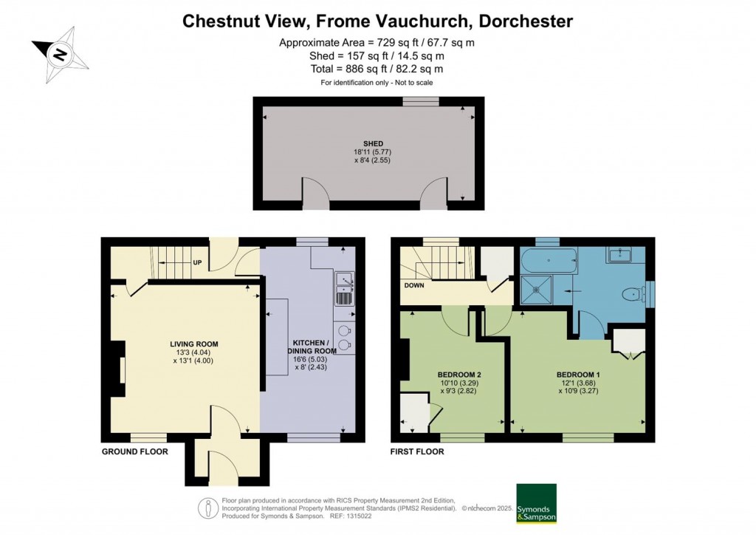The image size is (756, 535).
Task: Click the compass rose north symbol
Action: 60,55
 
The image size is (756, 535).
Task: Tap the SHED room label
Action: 373,143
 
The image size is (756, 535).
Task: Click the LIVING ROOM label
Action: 194,344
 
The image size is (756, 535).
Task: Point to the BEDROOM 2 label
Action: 459,375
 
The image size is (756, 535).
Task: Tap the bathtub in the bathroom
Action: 549,261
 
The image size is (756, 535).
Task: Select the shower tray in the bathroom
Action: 536,290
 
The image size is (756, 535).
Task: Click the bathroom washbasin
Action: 620,254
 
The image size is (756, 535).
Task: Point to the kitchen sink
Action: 344,288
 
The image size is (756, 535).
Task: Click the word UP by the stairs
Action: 197,262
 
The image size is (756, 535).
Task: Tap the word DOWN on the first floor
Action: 414,285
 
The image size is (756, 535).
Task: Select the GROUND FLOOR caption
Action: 135,451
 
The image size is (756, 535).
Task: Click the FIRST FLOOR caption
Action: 418,451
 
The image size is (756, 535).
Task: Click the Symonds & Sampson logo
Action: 536,503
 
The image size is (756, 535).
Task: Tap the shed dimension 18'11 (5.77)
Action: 373,151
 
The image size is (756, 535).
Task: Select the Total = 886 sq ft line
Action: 377,69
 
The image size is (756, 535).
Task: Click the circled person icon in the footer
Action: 208,508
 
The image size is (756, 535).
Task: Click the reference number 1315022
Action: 360,516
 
